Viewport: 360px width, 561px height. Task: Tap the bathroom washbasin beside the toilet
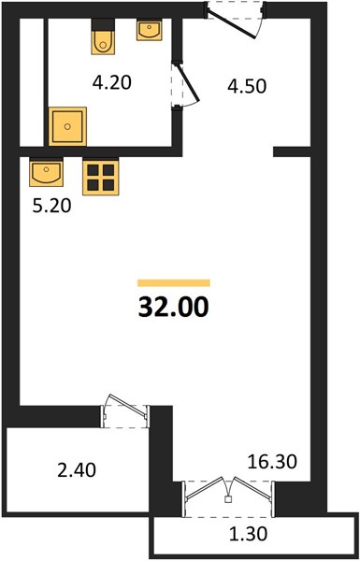click(x=149, y=29)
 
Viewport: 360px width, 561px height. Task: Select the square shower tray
click(x=67, y=126)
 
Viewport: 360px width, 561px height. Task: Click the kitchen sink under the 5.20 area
click(x=46, y=172)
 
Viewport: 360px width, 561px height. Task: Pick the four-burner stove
click(x=101, y=177)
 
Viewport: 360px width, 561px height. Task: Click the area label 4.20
click(x=112, y=83)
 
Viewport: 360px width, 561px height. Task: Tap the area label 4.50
click(x=247, y=87)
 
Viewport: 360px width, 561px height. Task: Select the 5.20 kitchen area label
click(x=51, y=206)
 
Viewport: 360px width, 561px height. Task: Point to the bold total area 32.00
click(x=173, y=308)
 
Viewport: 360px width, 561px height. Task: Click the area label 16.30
click(x=272, y=462)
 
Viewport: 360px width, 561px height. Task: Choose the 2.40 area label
click(x=77, y=470)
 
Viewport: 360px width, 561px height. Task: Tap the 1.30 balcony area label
click(x=248, y=534)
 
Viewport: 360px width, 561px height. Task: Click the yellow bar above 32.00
click(x=174, y=283)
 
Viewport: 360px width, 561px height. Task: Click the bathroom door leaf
click(x=186, y=82)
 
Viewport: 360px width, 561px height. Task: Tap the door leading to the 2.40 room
click(x=127, y=406)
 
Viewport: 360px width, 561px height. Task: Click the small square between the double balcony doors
click(x=227, y=500)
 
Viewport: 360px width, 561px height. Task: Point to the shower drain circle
click(x=67, y=126)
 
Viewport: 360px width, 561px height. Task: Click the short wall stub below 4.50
click(x=292, y=151)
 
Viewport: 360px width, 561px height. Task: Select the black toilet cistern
click(x=103, y=24)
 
